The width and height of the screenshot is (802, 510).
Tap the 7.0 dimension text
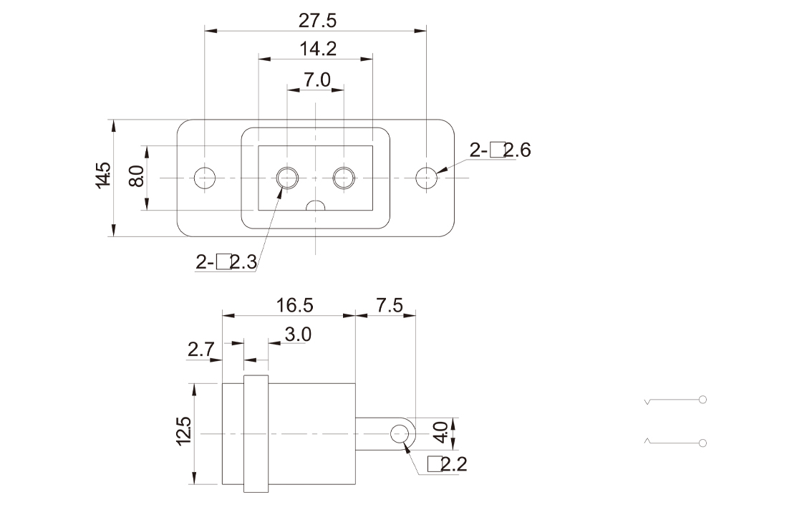pos(316,80)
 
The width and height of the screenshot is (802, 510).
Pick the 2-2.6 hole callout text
pos(500,150)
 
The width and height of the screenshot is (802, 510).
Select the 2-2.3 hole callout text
pos(226,262)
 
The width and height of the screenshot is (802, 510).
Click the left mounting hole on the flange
pos(205,177)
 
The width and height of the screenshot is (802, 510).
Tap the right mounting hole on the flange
pos(426,177)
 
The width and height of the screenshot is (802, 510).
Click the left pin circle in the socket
pos(288,177)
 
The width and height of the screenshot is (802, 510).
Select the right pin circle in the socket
pos(344,177)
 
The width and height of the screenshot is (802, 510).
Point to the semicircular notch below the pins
pos(316,206)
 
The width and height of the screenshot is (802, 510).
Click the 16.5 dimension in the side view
pos(294,305)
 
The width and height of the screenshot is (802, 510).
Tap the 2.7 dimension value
pos(201,350)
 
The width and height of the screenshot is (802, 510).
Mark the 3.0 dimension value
pos(297,335)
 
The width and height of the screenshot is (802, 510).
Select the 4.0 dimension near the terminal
pos(441,433)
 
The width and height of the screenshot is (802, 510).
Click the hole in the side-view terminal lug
pos(401,433)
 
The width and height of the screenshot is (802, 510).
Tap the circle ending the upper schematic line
pos(702,399)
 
